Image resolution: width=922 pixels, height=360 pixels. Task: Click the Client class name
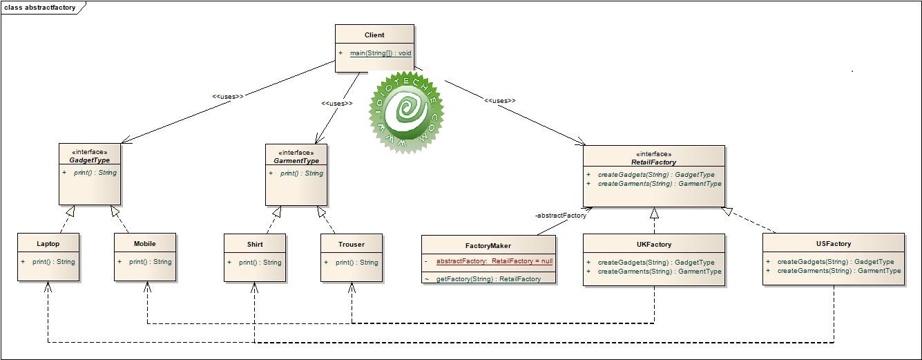374,35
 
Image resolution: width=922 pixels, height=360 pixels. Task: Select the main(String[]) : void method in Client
381,53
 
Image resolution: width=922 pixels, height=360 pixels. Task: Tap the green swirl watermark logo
406,110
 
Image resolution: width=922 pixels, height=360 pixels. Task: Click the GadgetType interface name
90,160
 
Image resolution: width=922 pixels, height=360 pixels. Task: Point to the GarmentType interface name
296,160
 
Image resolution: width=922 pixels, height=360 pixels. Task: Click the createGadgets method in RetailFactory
655,175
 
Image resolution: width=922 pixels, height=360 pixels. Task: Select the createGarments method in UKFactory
659,272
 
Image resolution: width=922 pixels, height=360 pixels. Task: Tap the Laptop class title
48,244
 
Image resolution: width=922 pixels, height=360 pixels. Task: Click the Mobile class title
145,244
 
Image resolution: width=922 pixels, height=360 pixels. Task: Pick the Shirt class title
255,244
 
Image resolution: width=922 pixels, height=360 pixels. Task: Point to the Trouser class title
352,244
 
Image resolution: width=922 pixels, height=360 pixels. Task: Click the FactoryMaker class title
488,245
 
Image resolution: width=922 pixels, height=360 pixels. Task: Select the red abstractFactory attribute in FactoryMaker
494,262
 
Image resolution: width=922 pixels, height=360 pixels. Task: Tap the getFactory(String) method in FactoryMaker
488,278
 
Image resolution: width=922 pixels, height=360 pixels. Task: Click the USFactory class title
833,244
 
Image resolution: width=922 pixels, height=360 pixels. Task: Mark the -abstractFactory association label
560,216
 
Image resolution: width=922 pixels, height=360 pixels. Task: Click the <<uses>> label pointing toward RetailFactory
500,101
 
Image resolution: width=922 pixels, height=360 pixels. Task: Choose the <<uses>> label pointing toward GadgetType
228,96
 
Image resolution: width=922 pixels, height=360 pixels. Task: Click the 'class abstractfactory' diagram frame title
40,8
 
